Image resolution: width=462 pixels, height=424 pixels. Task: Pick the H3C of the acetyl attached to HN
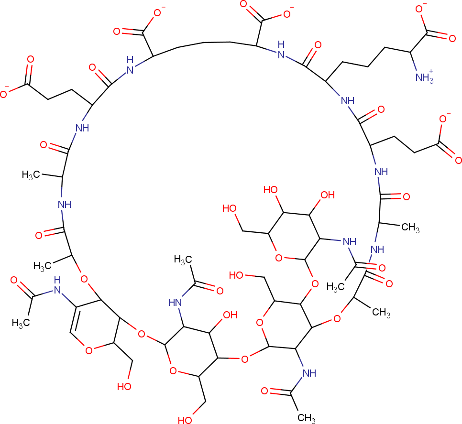coord(183,260)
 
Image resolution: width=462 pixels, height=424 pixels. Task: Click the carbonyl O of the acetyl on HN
coord(220,290)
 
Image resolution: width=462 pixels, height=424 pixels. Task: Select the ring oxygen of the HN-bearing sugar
coord(174,370)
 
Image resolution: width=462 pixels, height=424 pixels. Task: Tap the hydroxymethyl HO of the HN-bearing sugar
coord(187,420)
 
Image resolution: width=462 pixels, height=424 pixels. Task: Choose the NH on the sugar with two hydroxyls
coord(349,243)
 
